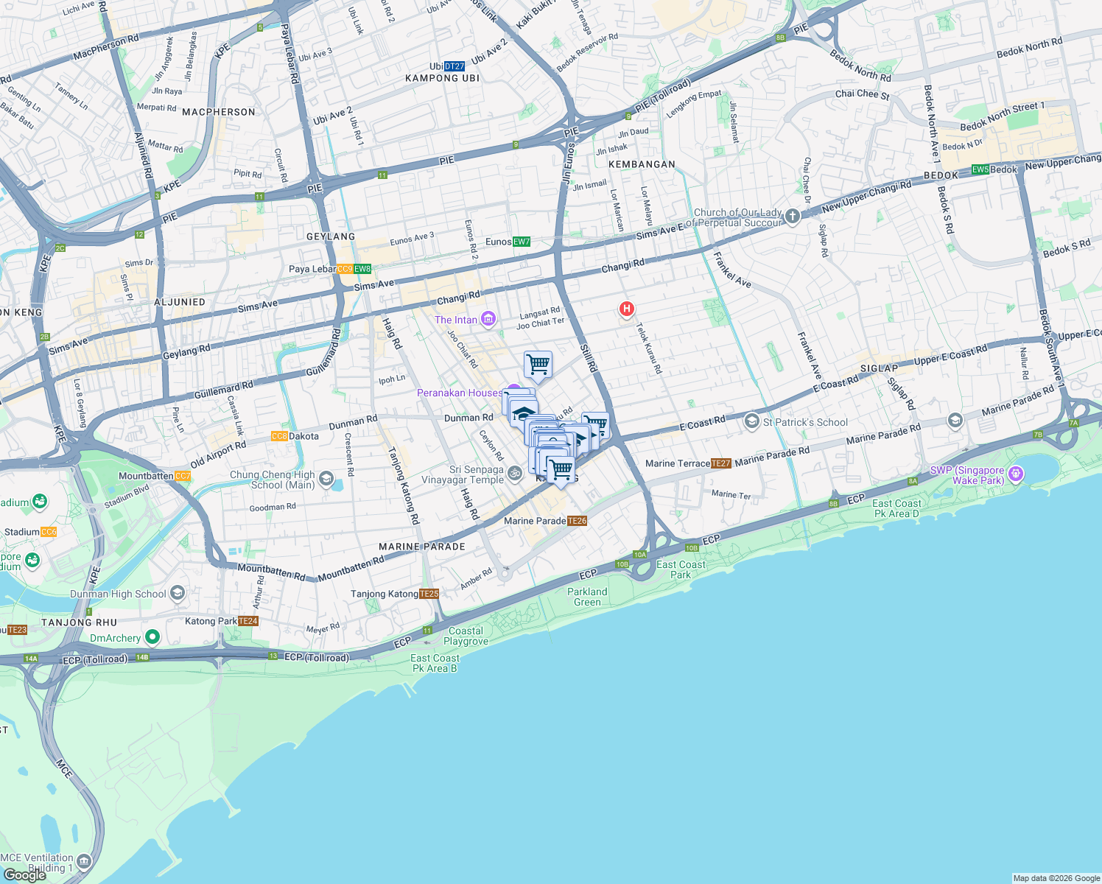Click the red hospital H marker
pos(626,309)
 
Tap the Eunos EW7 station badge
pos(522,242)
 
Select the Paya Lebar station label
pos(312,269)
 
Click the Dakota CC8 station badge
pos(279,436)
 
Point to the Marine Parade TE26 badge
pos(578,521)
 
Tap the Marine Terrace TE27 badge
pos(721,463)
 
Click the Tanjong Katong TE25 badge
pos(429,594)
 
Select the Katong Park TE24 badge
pos(249,621)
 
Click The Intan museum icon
pos(488,319)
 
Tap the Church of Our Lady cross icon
pos(793,216)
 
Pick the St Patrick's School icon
pos(751,421)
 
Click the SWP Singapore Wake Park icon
pos(1016,474)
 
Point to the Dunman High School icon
pos(177,592)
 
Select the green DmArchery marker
pos(152,636)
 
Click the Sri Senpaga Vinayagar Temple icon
pos(515,474)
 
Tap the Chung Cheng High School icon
pos(326,480)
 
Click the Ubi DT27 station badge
pos(455,66)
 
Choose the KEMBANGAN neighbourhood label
pos(642,164)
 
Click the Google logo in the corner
pos(24,874)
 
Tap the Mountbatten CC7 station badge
pos(183,476)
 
